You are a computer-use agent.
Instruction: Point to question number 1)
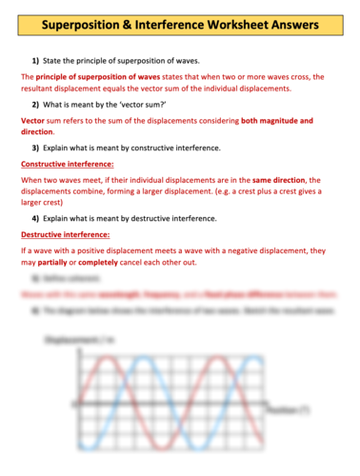tap(36, 60)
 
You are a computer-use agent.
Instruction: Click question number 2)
tap(36, 103)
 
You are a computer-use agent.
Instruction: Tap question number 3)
tap(36, 148)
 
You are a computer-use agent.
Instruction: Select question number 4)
tap(36, 218)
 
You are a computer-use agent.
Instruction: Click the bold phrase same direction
tap(279, 179)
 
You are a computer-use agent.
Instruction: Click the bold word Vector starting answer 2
tap(34, 121)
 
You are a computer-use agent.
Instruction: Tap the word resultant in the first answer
tap(44, 88)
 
